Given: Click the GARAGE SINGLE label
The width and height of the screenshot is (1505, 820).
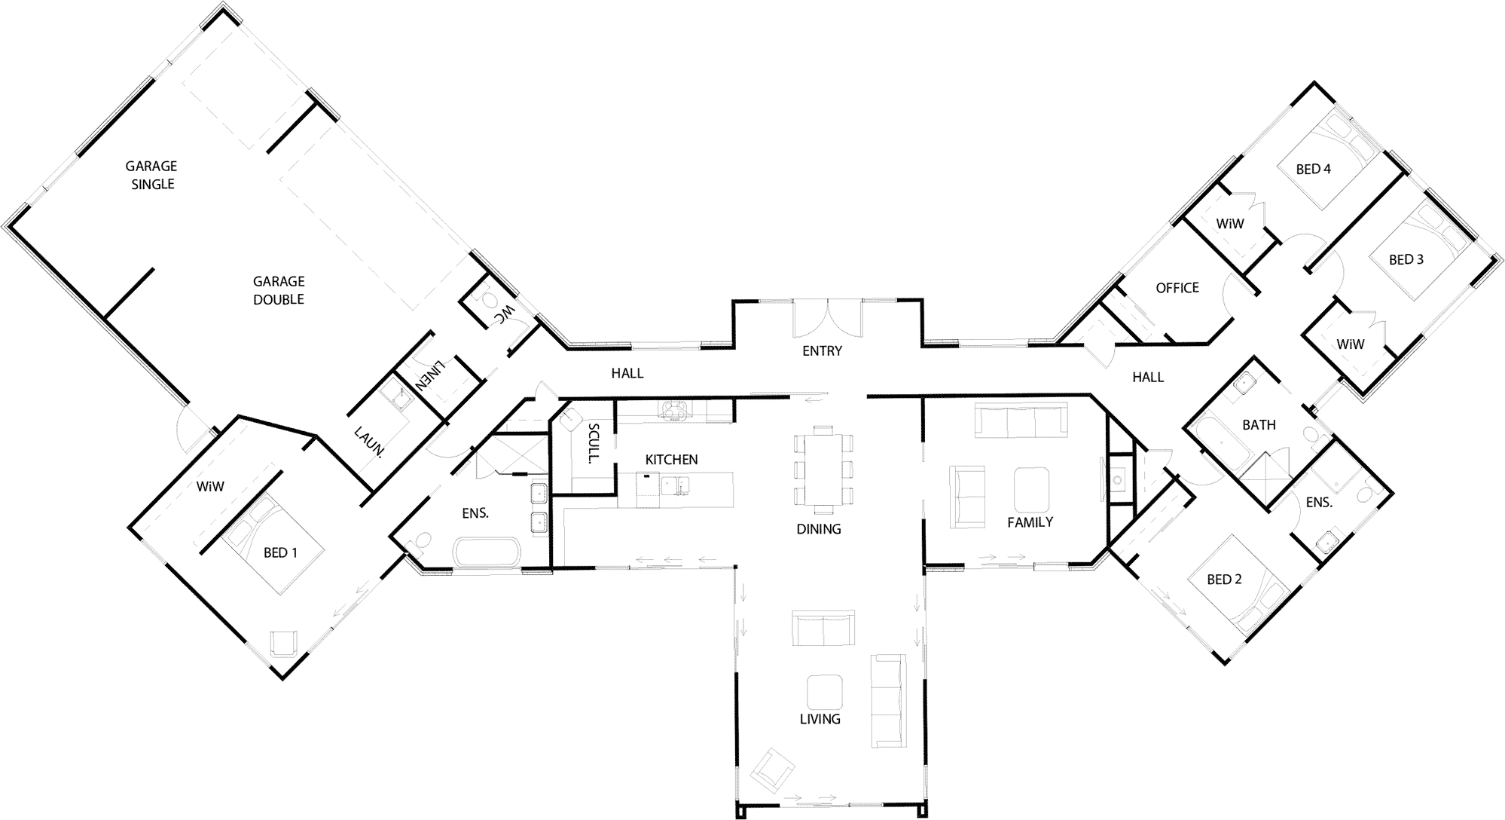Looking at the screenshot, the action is click(151, 175).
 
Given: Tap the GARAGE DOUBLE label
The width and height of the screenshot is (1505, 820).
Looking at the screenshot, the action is click(279, 290).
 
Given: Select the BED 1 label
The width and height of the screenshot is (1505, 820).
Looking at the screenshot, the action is click(280, 552).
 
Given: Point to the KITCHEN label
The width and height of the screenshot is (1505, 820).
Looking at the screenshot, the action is click(671, 459).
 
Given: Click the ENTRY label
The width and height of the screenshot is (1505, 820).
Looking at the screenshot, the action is click(822, 350).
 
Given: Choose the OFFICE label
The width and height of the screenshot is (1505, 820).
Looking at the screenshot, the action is click(1177, 287).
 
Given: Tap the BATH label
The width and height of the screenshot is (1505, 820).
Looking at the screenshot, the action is click(1259, 425).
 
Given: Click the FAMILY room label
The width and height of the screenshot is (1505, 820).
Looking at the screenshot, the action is click(1030, 522).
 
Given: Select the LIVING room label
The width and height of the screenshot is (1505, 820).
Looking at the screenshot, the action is click(820, 719).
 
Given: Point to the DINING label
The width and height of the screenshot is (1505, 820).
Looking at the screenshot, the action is click(819, 529).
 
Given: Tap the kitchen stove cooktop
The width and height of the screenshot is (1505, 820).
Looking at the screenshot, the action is click(672, 411).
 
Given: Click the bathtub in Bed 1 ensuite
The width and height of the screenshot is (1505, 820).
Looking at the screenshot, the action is click(487, 552).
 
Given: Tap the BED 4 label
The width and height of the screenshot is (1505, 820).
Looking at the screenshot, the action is click(1313, 170).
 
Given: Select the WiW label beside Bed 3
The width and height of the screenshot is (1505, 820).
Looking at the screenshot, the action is click(1351, 344).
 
